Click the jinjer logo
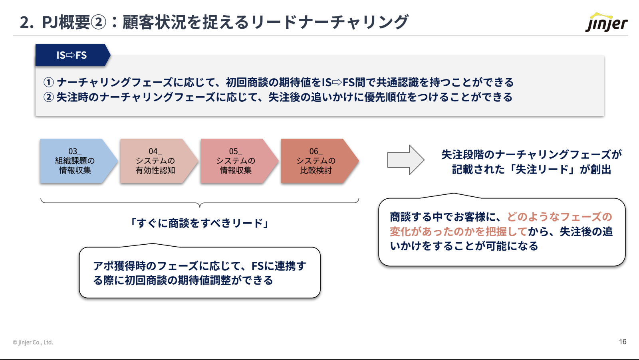click(x=606, y=22)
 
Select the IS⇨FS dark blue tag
click(x=71, y=55)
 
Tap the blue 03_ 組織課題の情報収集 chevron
click(x=76, y=161)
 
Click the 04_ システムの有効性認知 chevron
click(x=156, y=161)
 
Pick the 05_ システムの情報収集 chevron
click(x=236, y=161)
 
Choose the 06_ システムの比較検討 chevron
click(x=316, y=161)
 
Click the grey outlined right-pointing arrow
click(x=405, y=160)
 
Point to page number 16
click(x=623, y=342)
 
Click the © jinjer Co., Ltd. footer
click(x=33, y=342)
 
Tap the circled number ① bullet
click(x=49, y=82)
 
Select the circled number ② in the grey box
click(x=49, y=97)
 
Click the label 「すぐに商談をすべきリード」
click(x=200, y=223)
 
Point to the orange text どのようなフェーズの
click(x=560, y=217)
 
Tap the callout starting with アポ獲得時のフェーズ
click(x=200, y=273)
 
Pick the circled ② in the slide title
click(x=98, y=22)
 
